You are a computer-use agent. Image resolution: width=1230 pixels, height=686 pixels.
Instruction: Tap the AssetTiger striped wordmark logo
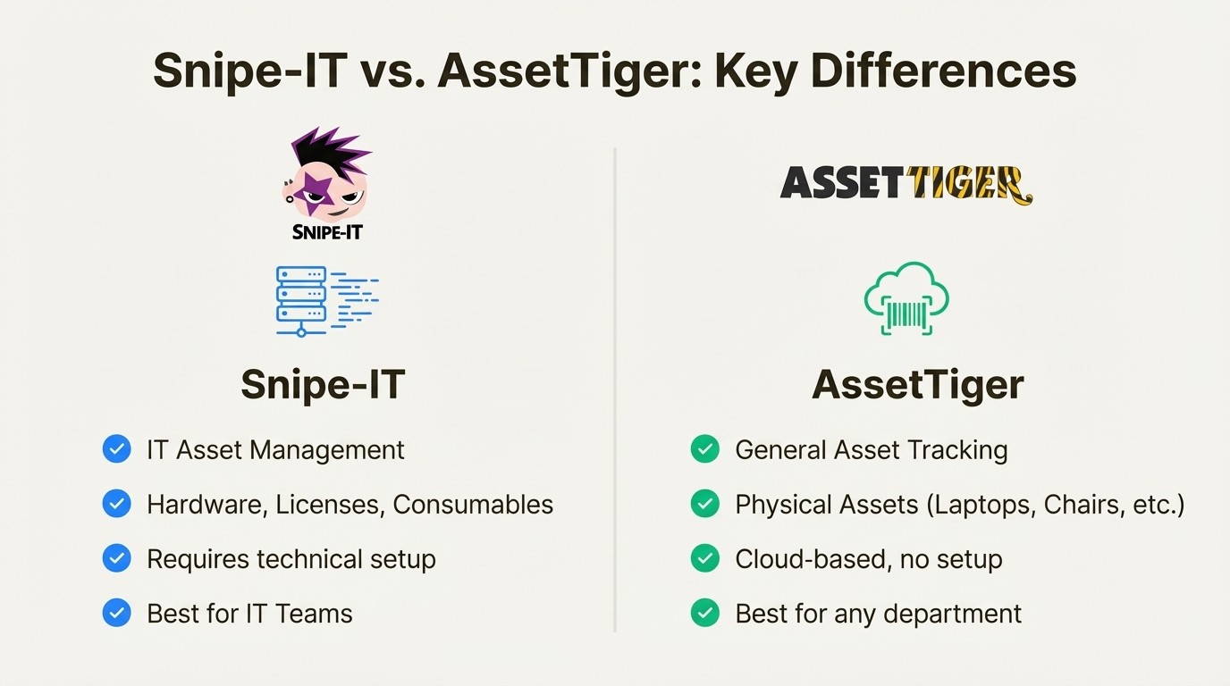click(x=906, y=184)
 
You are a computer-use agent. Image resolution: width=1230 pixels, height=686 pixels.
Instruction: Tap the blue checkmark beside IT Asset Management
click(x=117, y=448)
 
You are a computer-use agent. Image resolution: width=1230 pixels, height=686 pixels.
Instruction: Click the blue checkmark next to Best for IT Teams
click(x=117, y=613)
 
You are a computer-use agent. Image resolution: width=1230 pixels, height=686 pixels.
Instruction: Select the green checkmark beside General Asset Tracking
click(x=705, y=448)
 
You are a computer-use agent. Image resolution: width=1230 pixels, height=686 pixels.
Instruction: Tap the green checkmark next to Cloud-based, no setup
click(x=705, y=558)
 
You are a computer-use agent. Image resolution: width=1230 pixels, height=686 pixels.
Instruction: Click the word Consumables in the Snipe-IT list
click(x=473, y=504)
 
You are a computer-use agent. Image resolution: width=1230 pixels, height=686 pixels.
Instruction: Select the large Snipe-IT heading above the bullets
click(x=323, y=385)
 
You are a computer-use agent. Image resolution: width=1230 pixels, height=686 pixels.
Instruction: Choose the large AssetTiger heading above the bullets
click(x=917, y=385)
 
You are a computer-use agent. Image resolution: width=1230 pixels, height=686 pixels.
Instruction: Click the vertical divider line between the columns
click(x=615, y=393)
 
